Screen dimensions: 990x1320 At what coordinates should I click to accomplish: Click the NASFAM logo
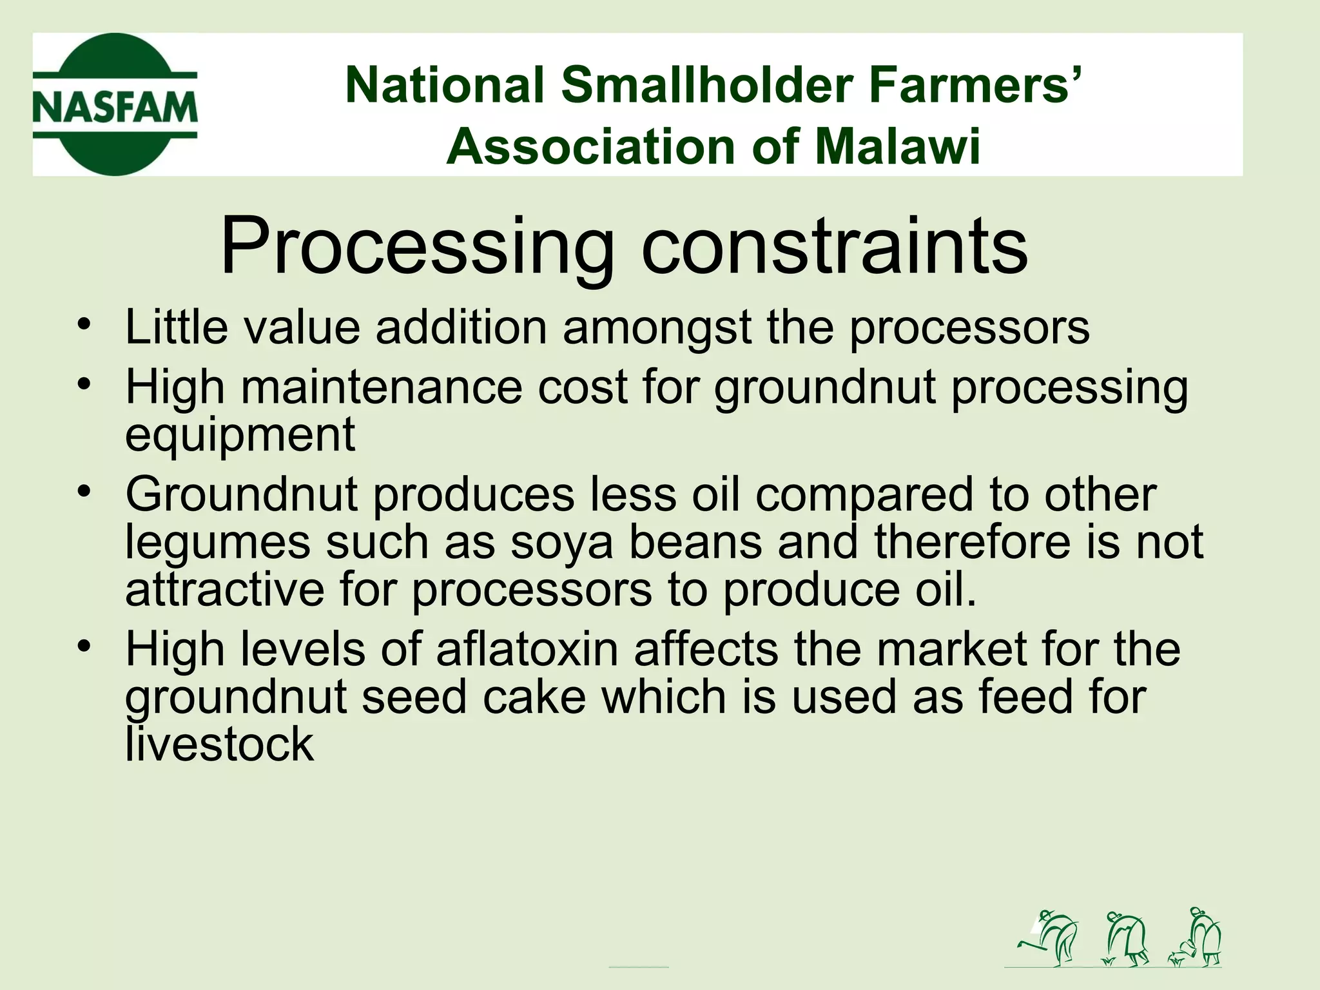115,104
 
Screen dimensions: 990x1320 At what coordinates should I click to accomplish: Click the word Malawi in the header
897,147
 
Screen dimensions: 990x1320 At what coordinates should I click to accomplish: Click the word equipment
240,435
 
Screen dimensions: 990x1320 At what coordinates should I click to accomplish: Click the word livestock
219,744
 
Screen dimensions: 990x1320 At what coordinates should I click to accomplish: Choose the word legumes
218,542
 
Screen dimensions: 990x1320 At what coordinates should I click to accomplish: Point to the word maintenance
381,387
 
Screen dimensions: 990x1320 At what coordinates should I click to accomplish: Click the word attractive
224,589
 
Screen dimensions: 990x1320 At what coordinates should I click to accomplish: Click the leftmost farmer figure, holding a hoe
1049,938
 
